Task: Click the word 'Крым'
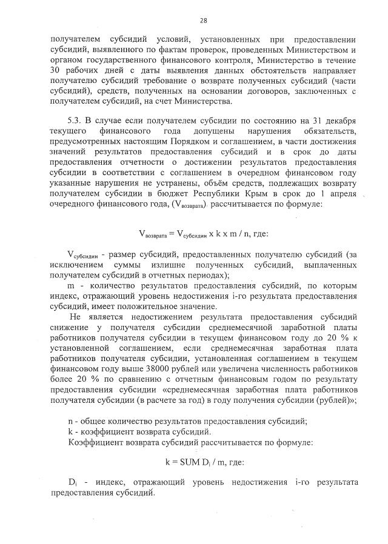pos(266,193)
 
